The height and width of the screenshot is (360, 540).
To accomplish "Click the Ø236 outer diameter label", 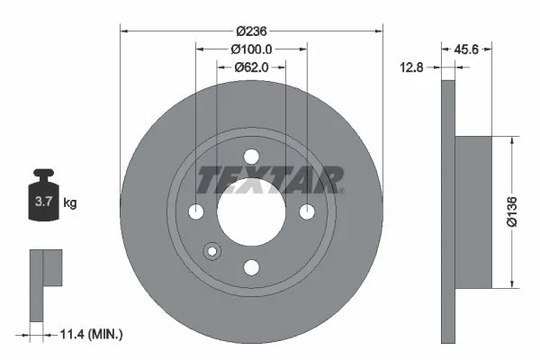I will point(251,30).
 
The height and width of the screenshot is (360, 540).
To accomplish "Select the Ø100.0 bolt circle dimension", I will point(251,49).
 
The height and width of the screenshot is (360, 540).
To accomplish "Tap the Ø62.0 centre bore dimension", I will point(251,67).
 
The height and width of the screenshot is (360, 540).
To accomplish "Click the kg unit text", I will point(70,203).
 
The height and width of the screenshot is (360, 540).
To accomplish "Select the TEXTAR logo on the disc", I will point(270,179).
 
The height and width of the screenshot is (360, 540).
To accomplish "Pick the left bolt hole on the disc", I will point(196,212).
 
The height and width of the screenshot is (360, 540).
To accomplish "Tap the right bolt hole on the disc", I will point(307,212).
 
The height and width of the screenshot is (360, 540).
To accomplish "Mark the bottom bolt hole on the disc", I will point(251,267).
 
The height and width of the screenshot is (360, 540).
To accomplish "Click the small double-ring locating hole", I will point(212,251).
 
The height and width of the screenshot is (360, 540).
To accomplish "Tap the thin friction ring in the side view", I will point(448,212).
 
